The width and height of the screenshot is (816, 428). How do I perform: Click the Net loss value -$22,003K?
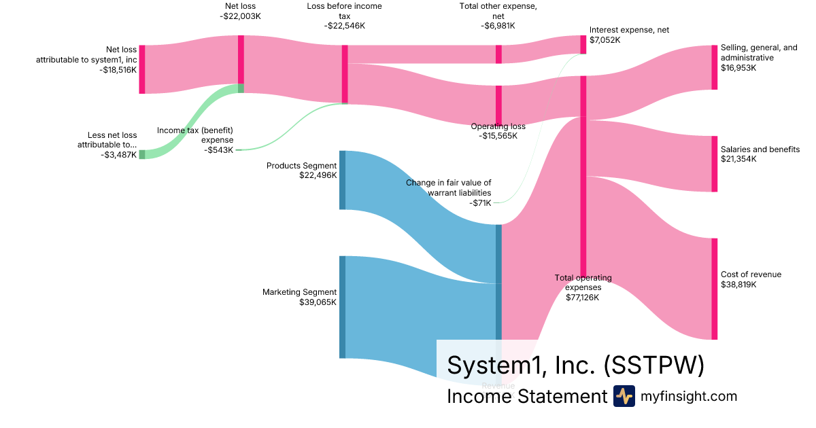(241, 16)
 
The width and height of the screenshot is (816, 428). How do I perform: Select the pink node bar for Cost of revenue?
(714, 289)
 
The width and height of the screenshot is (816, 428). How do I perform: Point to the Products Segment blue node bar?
(343, 180)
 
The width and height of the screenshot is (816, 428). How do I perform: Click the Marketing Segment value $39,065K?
(318, 302)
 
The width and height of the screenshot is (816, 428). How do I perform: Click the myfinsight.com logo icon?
(624, 396)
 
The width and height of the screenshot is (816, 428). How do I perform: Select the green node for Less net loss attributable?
(142, 154)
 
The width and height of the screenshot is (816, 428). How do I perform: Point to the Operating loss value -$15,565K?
(498, 136)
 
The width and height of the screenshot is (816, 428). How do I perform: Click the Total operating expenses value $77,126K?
(583, 297)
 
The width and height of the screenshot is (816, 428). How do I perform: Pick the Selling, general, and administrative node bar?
(714, 67)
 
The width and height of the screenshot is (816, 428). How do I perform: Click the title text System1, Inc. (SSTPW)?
(575, 365)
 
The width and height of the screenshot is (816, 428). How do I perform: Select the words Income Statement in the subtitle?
(526, 396)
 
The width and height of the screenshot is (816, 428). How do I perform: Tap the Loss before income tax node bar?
(345, 74)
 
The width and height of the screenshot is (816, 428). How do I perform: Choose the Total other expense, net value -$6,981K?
(498, 26)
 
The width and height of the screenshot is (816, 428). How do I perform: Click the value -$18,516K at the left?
(118, 69)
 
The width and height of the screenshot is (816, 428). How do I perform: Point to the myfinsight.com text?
(689, 396)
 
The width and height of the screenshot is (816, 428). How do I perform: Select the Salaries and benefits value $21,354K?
(738, 159)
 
